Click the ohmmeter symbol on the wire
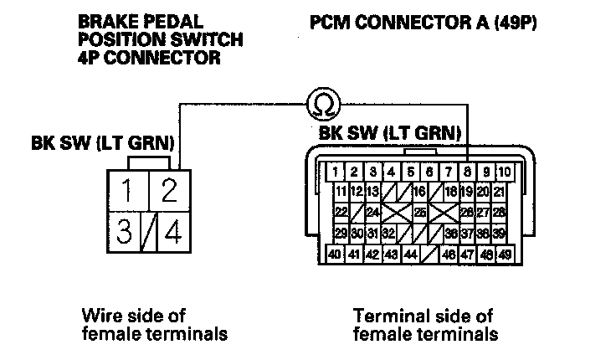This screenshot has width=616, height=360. (321, 103)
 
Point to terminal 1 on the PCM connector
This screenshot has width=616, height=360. (335, 172)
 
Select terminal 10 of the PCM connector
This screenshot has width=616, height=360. (505, 172)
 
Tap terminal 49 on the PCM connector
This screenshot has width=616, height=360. (505, 254)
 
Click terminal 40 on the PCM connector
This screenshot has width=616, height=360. (335, 254)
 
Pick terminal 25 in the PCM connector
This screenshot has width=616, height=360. (420, 213)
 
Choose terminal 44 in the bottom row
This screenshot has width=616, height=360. (411, 254)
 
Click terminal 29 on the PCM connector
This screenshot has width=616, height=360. (341, 233)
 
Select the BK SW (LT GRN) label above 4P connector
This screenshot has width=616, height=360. (102, 143)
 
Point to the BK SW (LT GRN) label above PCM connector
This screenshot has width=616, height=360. (390, 132)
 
